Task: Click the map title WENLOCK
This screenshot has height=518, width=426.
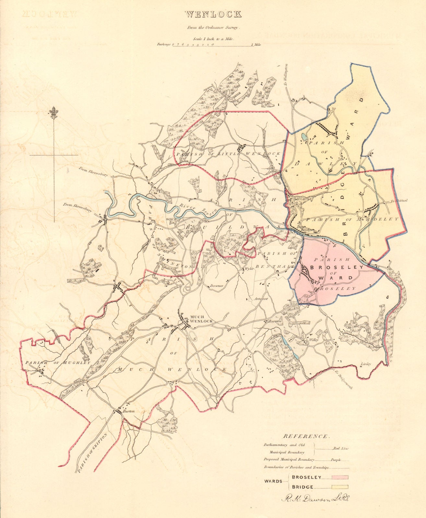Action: (x=213, y=14)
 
